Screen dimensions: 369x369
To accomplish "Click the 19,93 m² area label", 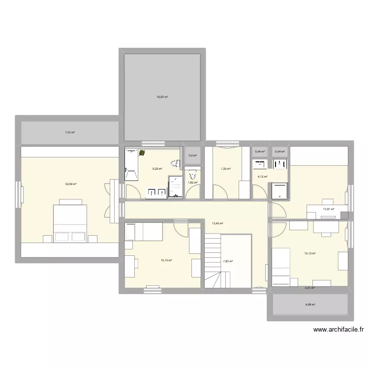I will coord(162,97).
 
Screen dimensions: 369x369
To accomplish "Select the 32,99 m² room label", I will coord(71,184).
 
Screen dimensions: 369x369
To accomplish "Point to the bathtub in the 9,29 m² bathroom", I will coord(131,165).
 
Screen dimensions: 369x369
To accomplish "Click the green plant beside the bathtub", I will coord(142,153).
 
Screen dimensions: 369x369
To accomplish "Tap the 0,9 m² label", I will coord(193,156).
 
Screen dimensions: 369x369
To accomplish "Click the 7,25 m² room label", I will coord(225,169).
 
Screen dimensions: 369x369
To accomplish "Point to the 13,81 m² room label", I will coord(328,209).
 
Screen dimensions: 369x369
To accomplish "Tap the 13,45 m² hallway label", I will coord(217,223).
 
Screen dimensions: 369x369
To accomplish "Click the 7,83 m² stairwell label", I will coord(227,262).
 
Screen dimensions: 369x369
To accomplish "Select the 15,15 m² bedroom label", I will coord(166,260).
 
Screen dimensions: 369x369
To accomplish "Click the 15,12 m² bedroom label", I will coord(309,253).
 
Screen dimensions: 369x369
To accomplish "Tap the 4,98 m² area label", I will coord(310,305).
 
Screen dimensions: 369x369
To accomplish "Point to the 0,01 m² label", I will coord(309,288).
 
